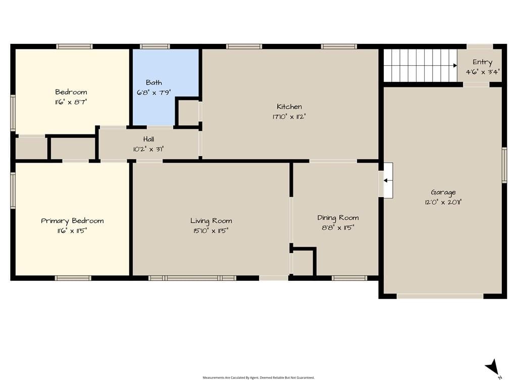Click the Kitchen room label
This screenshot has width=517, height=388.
pyautogui.click(x=289, y=107)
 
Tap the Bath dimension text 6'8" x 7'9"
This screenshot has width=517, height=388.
pyautogui.click(x=153, y=92)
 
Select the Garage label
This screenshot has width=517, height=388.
pyautogui.click(x=443, y=192)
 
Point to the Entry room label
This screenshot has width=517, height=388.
pyautogui.click(x=482, y=62)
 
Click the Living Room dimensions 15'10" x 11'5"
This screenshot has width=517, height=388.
pyautogui.click(x=211, y=230)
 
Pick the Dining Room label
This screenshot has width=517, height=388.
pyautogui.click(x=338, y=218)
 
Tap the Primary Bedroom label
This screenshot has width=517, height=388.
pyautogui.click(x=72, y=221)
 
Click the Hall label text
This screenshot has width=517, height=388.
pyautogui.click(x=148, y=139)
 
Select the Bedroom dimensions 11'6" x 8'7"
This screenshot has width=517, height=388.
pyautogui.click(x=71, y=102)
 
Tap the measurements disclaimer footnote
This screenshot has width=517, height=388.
pyautogui.click(x=258, y=377)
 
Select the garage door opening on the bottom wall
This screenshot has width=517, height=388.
pyautogui.click(x=440, y=296)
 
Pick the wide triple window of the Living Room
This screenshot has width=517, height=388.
pyautogui.click(x=192, y=278)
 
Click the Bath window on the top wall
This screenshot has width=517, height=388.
pyautogui.click(x=154, y=46)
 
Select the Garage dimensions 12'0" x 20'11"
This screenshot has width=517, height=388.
pyautogui.click(x=443, y=202)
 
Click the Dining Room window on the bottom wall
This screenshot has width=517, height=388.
pyautogui.click(x=349, y=278)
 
